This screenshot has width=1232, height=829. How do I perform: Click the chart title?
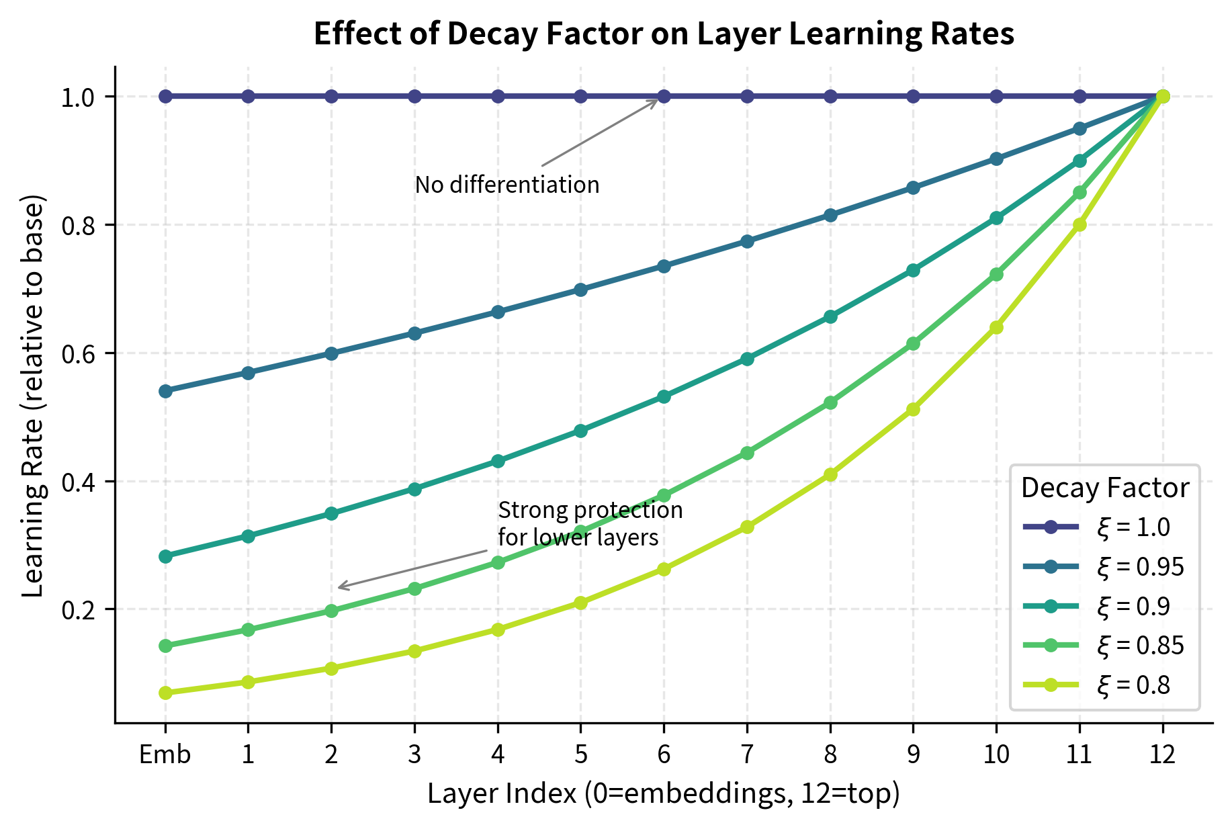pos(663,34)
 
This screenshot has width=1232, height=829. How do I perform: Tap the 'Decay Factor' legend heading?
pos(1104,488)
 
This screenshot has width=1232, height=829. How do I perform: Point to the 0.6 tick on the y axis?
pos(78,353)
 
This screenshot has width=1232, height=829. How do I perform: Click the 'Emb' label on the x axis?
pos(165,755)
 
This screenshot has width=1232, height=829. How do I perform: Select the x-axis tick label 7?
pos(746,755)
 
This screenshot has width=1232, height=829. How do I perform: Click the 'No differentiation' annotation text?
pos(507,185)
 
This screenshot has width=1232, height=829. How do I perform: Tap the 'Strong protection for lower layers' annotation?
pos(590,524)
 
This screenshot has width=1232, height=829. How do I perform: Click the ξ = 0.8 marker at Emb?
pos(165,693)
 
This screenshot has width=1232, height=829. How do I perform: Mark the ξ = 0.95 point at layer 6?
pos(664,266)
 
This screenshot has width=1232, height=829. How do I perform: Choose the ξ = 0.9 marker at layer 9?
pos(913,270)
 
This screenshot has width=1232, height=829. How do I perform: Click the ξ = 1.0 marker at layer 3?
pos(414,96)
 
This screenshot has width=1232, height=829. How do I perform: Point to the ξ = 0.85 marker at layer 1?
pos(248,629)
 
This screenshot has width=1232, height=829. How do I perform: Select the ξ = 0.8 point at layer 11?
pos(1080,224)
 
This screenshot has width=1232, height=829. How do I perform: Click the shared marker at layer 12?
pos(1163,96)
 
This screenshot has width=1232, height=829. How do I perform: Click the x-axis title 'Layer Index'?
pos(663,793)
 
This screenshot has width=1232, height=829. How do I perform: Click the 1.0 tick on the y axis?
pos(78,97)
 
